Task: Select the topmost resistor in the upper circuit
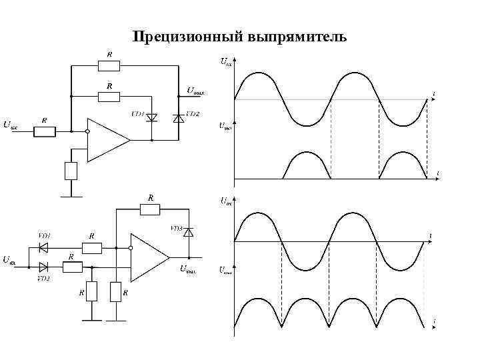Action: click(x=109, y=65)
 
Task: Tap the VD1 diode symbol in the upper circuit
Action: click(x=151, y=117)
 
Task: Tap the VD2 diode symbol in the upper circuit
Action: click(x=178, y=117)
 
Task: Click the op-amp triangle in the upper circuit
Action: click(x=107, y=140)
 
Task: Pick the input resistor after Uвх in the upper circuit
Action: click(x=45, y=131)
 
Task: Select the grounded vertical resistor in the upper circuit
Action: click(x=71, y=171)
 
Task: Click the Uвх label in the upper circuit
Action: click(x=11, y=125)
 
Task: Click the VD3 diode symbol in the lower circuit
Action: click(x=188, y=232)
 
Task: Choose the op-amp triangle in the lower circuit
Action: click(x=149, y=257)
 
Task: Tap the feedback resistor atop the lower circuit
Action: click(x=150, y=210)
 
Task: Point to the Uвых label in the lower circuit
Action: click(x=189, y=269)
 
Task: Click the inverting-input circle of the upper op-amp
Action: click(x=87, y=132)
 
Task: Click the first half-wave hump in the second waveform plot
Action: click(x=307, y=164)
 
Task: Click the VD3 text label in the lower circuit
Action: click(x=176, y=228)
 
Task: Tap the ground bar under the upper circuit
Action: click(x=71, y=197)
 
